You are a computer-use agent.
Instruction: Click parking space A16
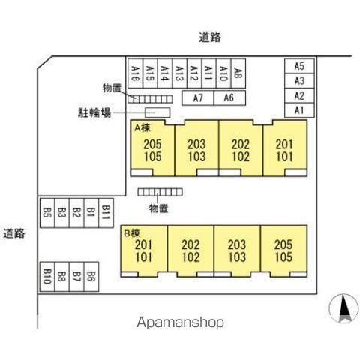pos(135,73)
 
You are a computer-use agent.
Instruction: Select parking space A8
pos(238,73)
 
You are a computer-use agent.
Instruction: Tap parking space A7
pos(198,98)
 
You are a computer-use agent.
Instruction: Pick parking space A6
pos(229,98)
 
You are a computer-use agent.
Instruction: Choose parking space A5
pos(299,66)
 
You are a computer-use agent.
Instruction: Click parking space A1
pos(299,110)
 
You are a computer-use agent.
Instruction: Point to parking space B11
pos(106,213)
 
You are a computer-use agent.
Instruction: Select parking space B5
pos(47,213)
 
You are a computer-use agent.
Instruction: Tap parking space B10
pos(47,277)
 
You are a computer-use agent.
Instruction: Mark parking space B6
pos(91,277)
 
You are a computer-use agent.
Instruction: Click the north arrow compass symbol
pos(343,308)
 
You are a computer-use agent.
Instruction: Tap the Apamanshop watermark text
pos(180,322)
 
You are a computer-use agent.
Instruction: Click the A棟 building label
pos(142,128)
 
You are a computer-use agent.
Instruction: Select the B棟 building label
pos(132,233)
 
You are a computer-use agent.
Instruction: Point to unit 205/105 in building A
pos(152,148)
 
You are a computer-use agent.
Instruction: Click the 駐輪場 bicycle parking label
pos(94,112)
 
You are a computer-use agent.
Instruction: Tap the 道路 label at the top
pos(210,37)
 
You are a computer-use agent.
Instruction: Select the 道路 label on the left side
pos(14,233)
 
